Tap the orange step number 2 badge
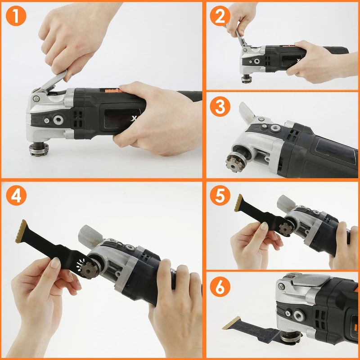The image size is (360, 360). coord(220,17)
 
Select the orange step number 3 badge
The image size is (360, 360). coord(220,108)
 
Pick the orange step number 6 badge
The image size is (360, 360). coord(220,288)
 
